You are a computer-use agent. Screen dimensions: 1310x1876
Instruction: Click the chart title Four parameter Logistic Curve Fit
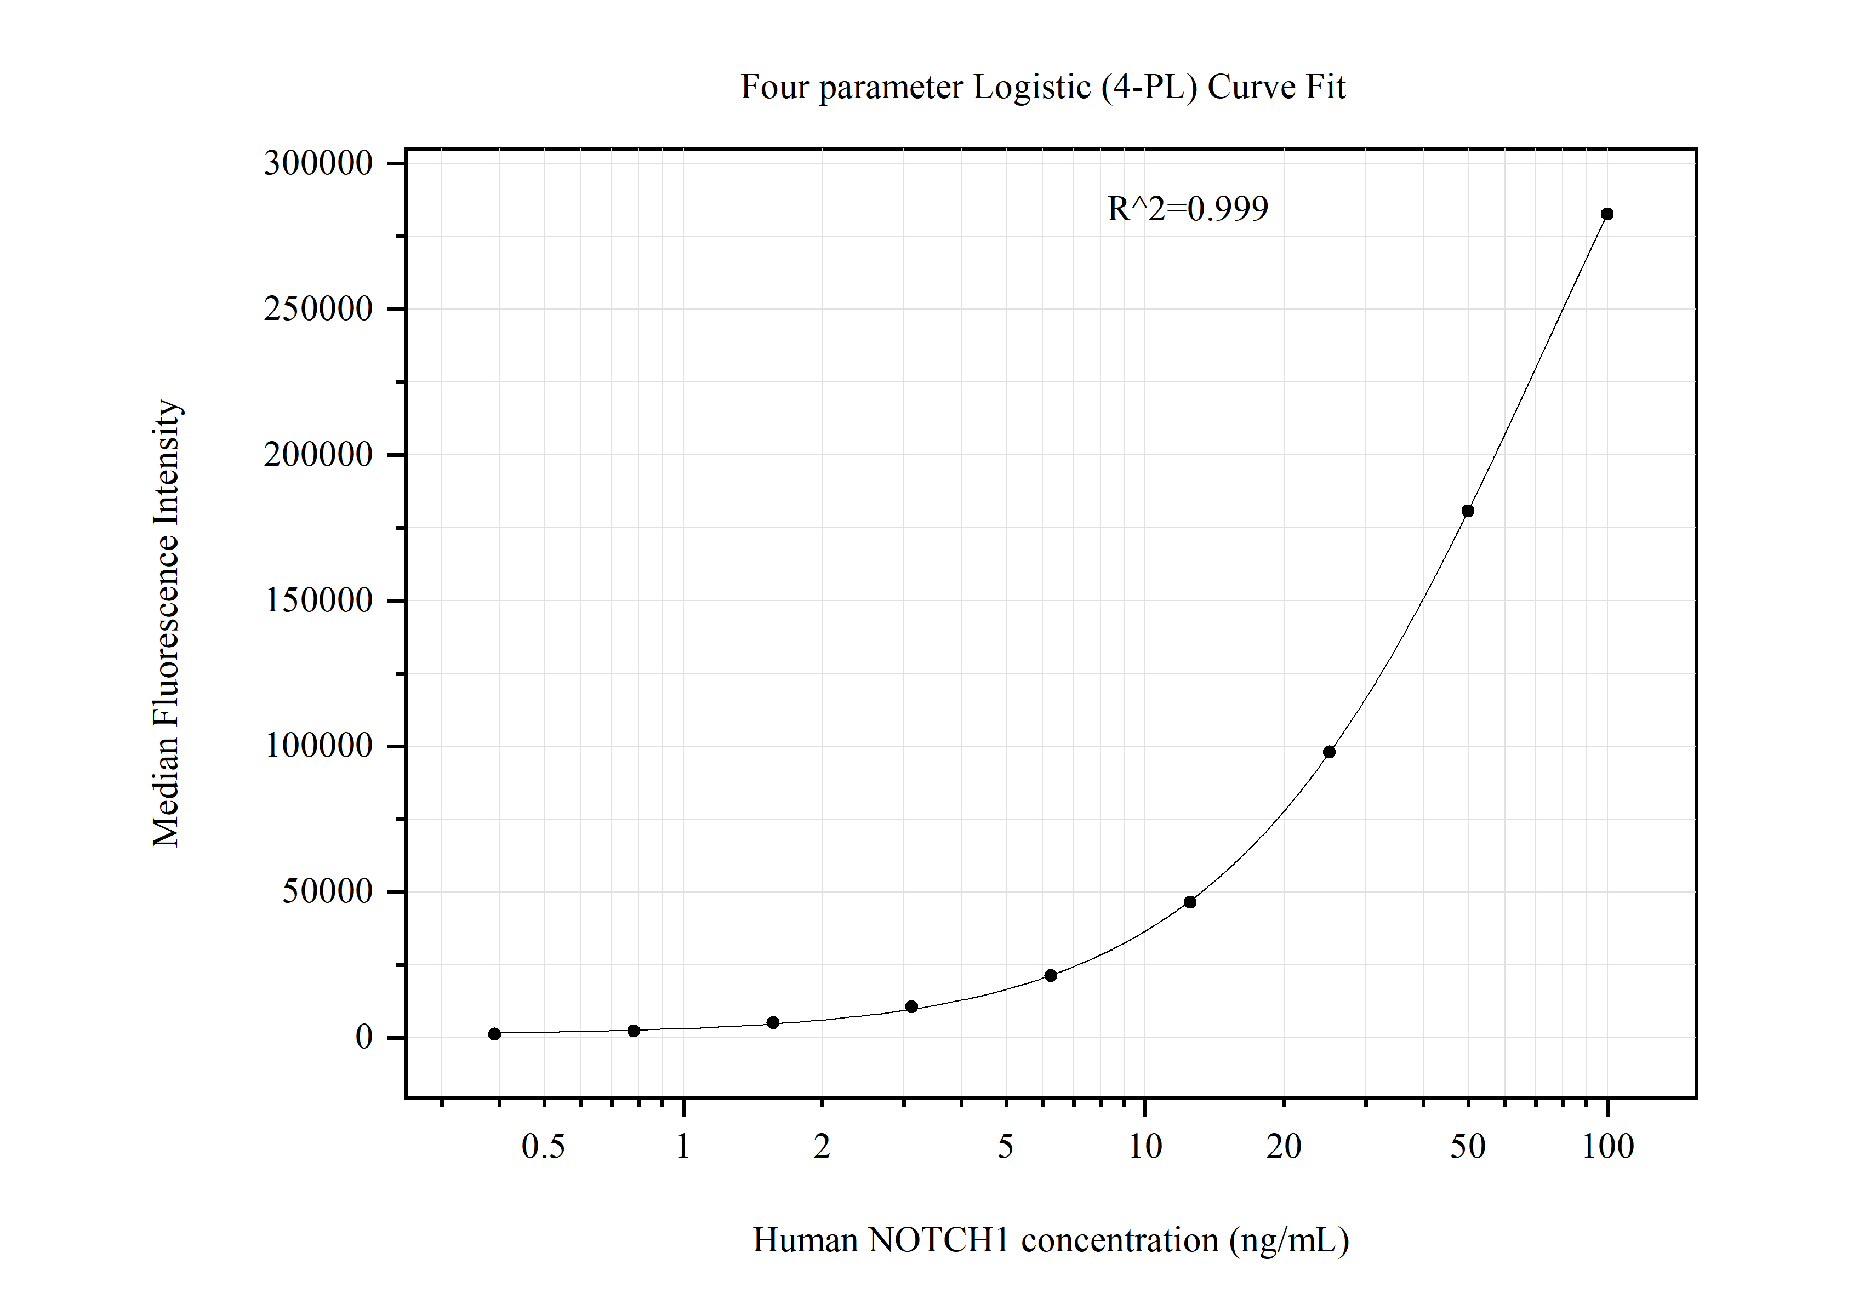pos(1042,87)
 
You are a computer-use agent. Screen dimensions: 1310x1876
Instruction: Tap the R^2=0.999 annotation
pos(1187,209)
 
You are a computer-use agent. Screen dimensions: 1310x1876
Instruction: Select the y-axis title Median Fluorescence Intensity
pos(166,623)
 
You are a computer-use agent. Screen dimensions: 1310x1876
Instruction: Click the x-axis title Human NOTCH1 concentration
pos(1050,1240)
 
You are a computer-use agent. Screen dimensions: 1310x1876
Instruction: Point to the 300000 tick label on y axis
pos(318,163)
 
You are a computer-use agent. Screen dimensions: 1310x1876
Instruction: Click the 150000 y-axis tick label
pos(318,600)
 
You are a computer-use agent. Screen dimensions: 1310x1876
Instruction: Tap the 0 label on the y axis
pos(363,1037)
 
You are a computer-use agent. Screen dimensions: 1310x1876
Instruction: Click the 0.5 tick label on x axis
pos(543,1147)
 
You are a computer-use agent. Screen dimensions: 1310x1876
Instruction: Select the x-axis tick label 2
pos(822,1147)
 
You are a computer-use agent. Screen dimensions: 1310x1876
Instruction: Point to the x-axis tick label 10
pos(1145,1147)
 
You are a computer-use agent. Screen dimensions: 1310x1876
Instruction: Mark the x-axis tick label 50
pos(1468,1147)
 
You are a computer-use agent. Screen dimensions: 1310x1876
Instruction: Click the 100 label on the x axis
pos(1607,1147)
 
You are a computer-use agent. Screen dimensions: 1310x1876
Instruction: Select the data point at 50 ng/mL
pos(1468,511)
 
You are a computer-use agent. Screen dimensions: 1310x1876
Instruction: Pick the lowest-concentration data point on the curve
pos(494,1034)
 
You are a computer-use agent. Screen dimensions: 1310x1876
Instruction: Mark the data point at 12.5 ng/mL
pos(1190,902)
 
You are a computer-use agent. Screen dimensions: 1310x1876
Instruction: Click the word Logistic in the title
pos(1031,87)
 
